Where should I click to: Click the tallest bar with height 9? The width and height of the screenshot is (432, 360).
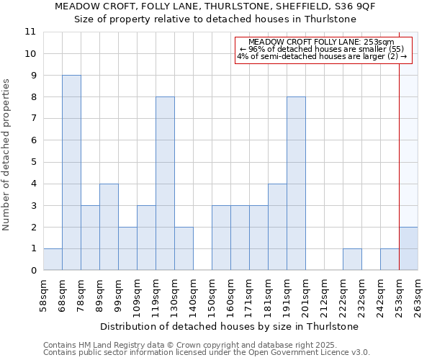tap(71, 173)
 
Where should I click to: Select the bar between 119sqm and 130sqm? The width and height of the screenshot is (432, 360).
tap(165, 184)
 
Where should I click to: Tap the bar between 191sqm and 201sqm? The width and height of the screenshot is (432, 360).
tap(296, 184)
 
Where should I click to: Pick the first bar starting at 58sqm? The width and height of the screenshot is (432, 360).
tap(53, 259)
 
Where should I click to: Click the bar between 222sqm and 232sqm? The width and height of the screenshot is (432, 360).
tap(352, 259)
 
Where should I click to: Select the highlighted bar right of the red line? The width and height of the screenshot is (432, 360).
tap(408, 248)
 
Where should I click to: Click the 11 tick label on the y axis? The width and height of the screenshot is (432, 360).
tap(30, 32)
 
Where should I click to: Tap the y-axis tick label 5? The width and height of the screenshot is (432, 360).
tap(32, 162)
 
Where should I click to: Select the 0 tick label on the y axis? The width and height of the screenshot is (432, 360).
tap(32, 271)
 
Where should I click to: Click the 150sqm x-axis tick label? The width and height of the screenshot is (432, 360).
tap(212, 295)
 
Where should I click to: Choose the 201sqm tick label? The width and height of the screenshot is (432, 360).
tap(305, 295)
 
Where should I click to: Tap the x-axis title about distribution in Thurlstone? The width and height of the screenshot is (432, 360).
tap(230, 326)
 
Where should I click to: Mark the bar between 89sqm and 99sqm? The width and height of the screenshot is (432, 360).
tap(109, 227)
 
